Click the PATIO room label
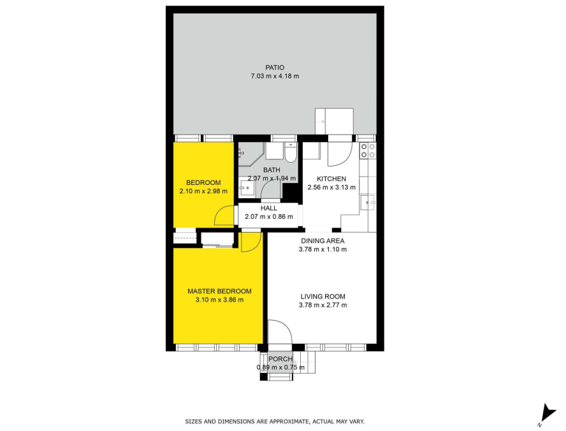(275, 68)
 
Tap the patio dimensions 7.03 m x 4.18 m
(275, 76)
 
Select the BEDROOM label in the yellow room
(203, 182)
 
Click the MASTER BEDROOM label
(219, 291)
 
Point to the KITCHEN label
(331, 179)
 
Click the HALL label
(269, 208)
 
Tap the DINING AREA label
(323, 241)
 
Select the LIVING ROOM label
(323, 296)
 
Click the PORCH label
(280, 359)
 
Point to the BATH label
(272, 170)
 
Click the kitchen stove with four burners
(368, 150)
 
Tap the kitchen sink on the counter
(368, 203)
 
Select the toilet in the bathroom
(290, 152)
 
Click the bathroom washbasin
(247, 187)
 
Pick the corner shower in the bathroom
(250, 154)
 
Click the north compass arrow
(549, 413)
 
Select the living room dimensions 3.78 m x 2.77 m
(323, 305)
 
